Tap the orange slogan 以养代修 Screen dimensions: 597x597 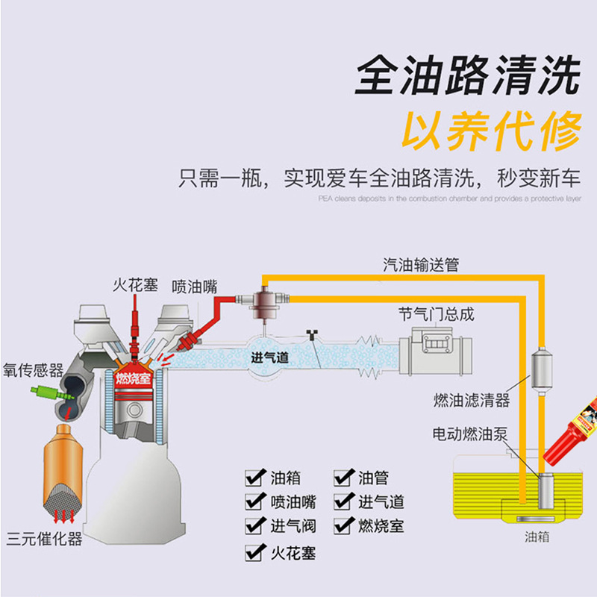(492, 132)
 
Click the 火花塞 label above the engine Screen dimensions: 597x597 (135, 285)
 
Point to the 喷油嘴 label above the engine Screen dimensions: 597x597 (194, 286)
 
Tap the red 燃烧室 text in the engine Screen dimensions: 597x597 (134, 378)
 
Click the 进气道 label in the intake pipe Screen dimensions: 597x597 (270, 357)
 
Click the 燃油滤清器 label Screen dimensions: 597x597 (472, 401)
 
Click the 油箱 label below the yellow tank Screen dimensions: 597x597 (537, 537)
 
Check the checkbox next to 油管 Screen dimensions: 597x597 (343, 478)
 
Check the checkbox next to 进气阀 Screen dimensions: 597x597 (255, 526)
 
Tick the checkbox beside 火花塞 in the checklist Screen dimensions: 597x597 (255, 552)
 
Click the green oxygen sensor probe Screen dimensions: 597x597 (45, 390)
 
